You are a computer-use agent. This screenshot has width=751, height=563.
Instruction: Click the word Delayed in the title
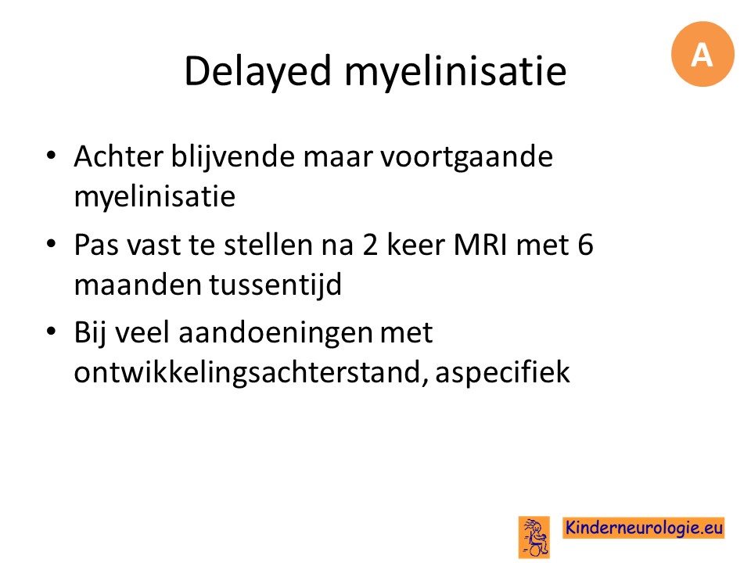257,72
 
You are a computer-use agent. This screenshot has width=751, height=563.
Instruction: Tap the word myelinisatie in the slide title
455,72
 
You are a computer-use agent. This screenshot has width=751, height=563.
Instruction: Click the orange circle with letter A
702,54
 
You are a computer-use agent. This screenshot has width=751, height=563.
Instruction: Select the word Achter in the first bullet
119,156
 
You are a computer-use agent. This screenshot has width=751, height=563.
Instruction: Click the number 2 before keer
370,245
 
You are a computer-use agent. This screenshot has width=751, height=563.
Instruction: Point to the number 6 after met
585,245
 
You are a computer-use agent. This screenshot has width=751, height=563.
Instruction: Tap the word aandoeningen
275,334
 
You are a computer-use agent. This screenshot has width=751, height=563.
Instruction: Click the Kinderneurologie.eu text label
644,528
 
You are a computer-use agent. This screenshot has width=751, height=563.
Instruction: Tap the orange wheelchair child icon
534,537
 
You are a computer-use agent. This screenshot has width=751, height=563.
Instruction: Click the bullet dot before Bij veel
52,332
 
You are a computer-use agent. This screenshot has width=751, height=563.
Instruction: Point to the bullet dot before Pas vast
52,244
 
